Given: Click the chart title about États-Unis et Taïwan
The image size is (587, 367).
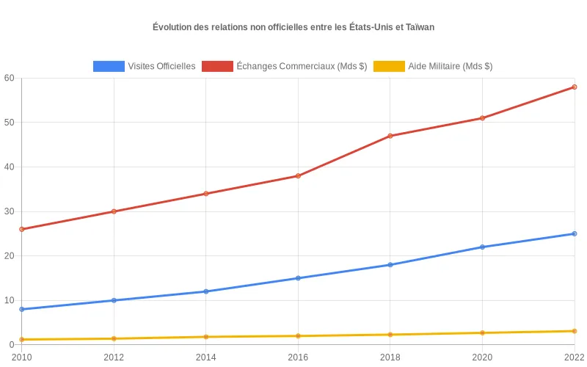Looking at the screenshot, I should tap(293, 27).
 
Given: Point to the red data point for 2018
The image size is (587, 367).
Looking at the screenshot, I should tap(390, 136).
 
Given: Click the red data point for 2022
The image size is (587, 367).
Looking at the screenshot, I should tap(574, 87).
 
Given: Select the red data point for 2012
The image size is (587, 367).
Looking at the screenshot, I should tap(114, 211).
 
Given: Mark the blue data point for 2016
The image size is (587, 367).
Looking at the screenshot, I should tap(298, 278).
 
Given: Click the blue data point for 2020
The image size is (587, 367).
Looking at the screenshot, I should tap(482, 247).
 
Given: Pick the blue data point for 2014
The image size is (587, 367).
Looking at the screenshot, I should tap(206, 291).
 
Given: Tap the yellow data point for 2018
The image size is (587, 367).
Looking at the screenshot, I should tap(390, 335).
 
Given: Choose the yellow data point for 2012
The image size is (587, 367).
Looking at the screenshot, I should tap(114, 338).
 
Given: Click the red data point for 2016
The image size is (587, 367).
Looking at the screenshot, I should tap(298, 176).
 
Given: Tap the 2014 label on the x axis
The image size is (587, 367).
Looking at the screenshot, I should tap(206, 357).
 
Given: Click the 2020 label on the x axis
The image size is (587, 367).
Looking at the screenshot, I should tap(482, 357).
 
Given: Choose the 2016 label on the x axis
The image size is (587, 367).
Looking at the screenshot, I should tap(298, 357).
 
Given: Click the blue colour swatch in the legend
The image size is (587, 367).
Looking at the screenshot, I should tap(109, 66).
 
